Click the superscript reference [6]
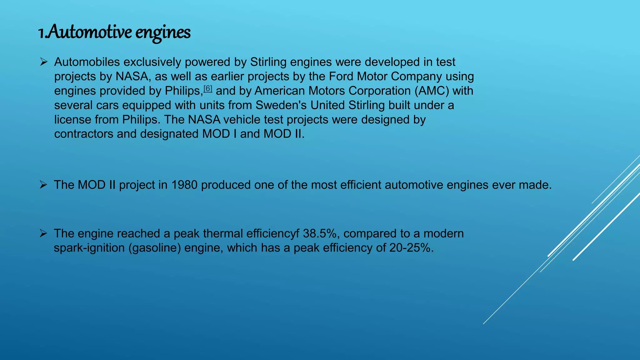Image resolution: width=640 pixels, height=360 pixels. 208,89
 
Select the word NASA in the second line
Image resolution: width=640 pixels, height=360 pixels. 132,77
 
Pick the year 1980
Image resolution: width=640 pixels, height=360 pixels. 184,185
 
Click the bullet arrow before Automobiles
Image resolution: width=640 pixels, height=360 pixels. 43,62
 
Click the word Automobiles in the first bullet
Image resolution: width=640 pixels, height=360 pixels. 87,62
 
